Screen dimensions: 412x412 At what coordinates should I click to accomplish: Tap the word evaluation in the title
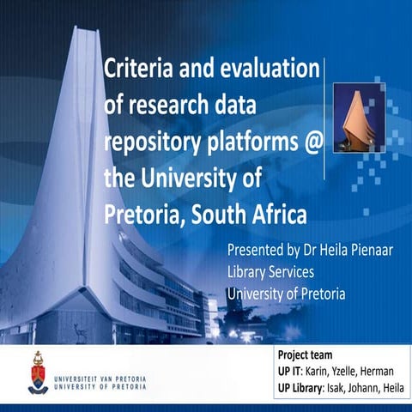(267, 68)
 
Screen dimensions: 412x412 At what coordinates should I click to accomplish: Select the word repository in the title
(153, 143)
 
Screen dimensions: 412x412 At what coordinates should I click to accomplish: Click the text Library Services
(270, 272)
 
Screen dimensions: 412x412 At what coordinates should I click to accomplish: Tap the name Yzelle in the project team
(351, 370)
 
